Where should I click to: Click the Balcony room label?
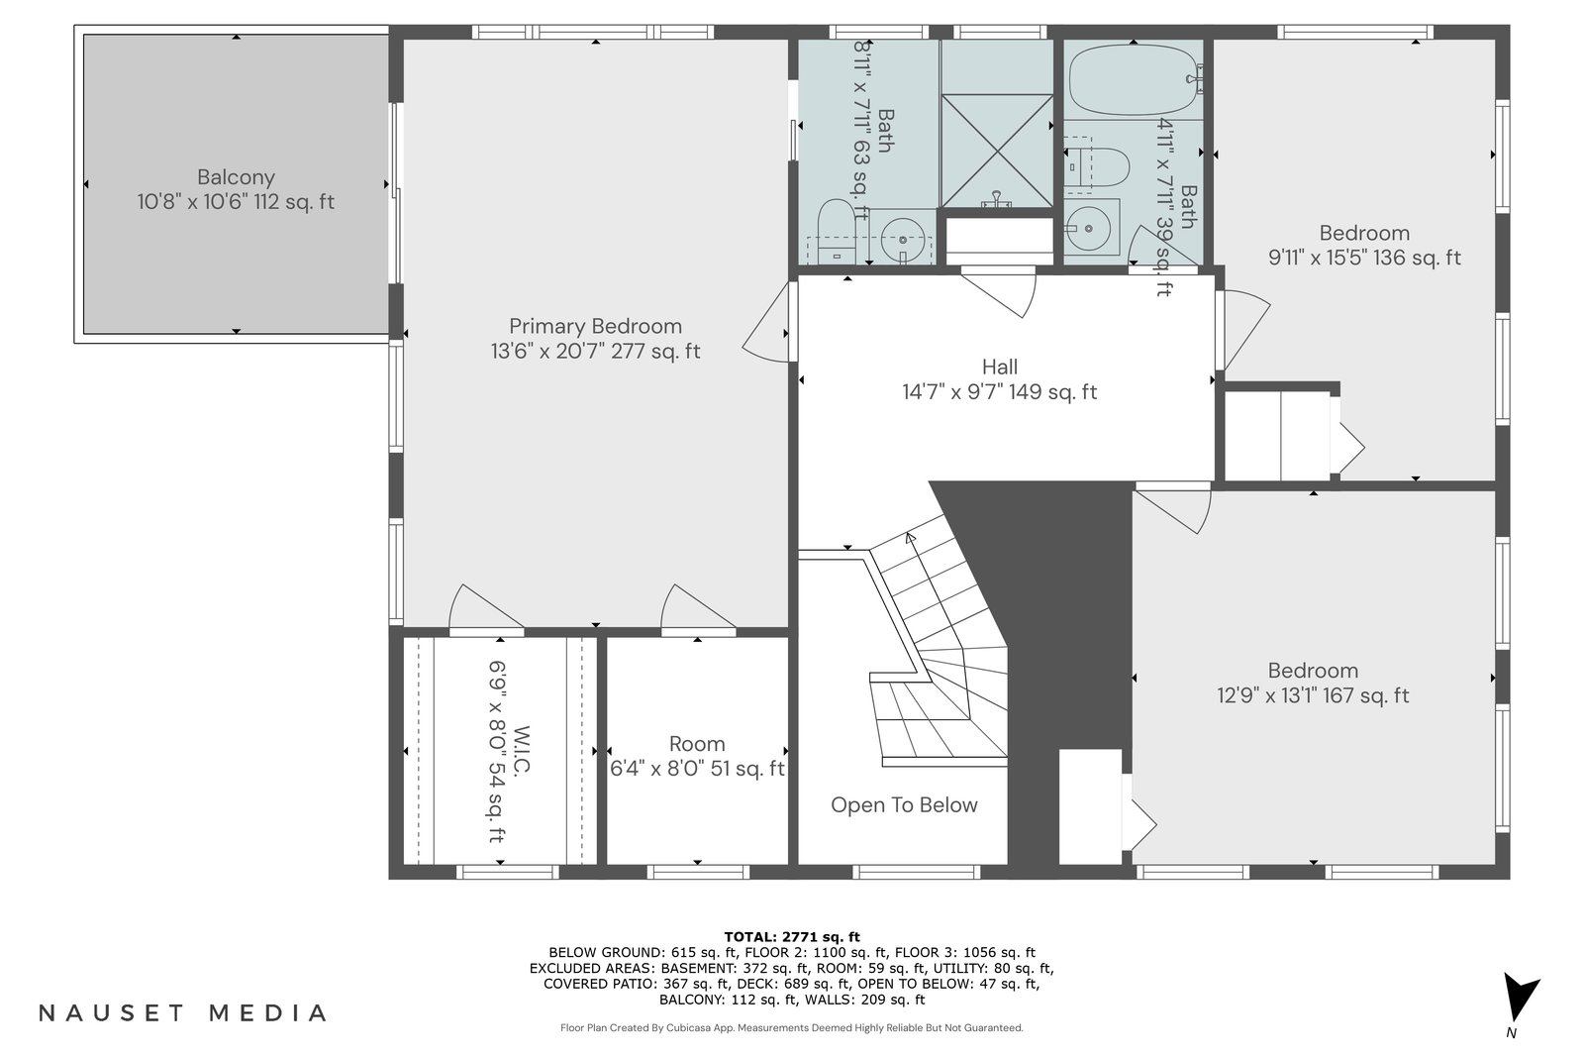click(x=236, y=177)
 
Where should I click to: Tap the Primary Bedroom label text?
click(x=595, y=326)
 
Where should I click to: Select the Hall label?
click(x=999, y=367)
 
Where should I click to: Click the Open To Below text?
click(x=904, y=804)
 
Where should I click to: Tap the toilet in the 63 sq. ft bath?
click(x=837, y=232)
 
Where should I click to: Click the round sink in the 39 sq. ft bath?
click(x=1088, y=228)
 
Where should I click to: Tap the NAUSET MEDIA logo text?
click(x=182, y=1013)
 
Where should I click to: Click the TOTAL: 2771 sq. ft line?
click(x=791, y=937)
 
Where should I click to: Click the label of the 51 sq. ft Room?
click(x=697, y=744)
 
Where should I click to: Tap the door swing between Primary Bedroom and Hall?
click(x=766, y=322)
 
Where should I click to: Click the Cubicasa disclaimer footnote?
click(x=791, y=1028)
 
